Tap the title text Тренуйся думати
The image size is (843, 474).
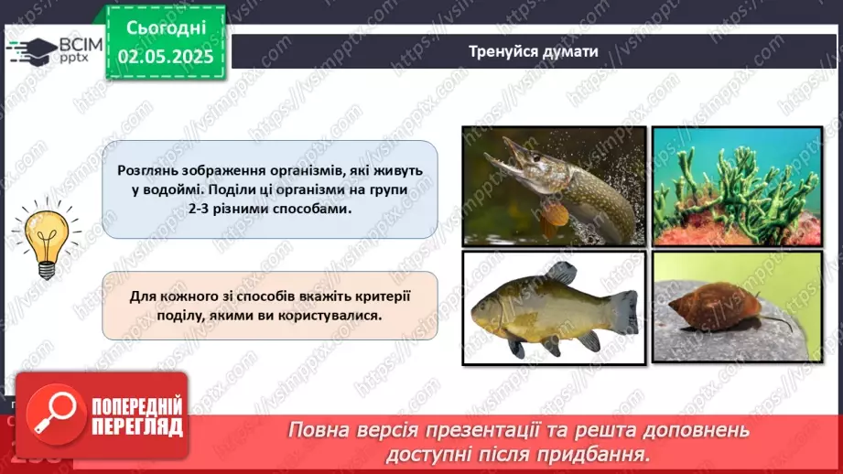534,51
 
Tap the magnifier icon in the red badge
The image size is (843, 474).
51,415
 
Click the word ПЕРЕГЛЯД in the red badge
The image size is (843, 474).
138,426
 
